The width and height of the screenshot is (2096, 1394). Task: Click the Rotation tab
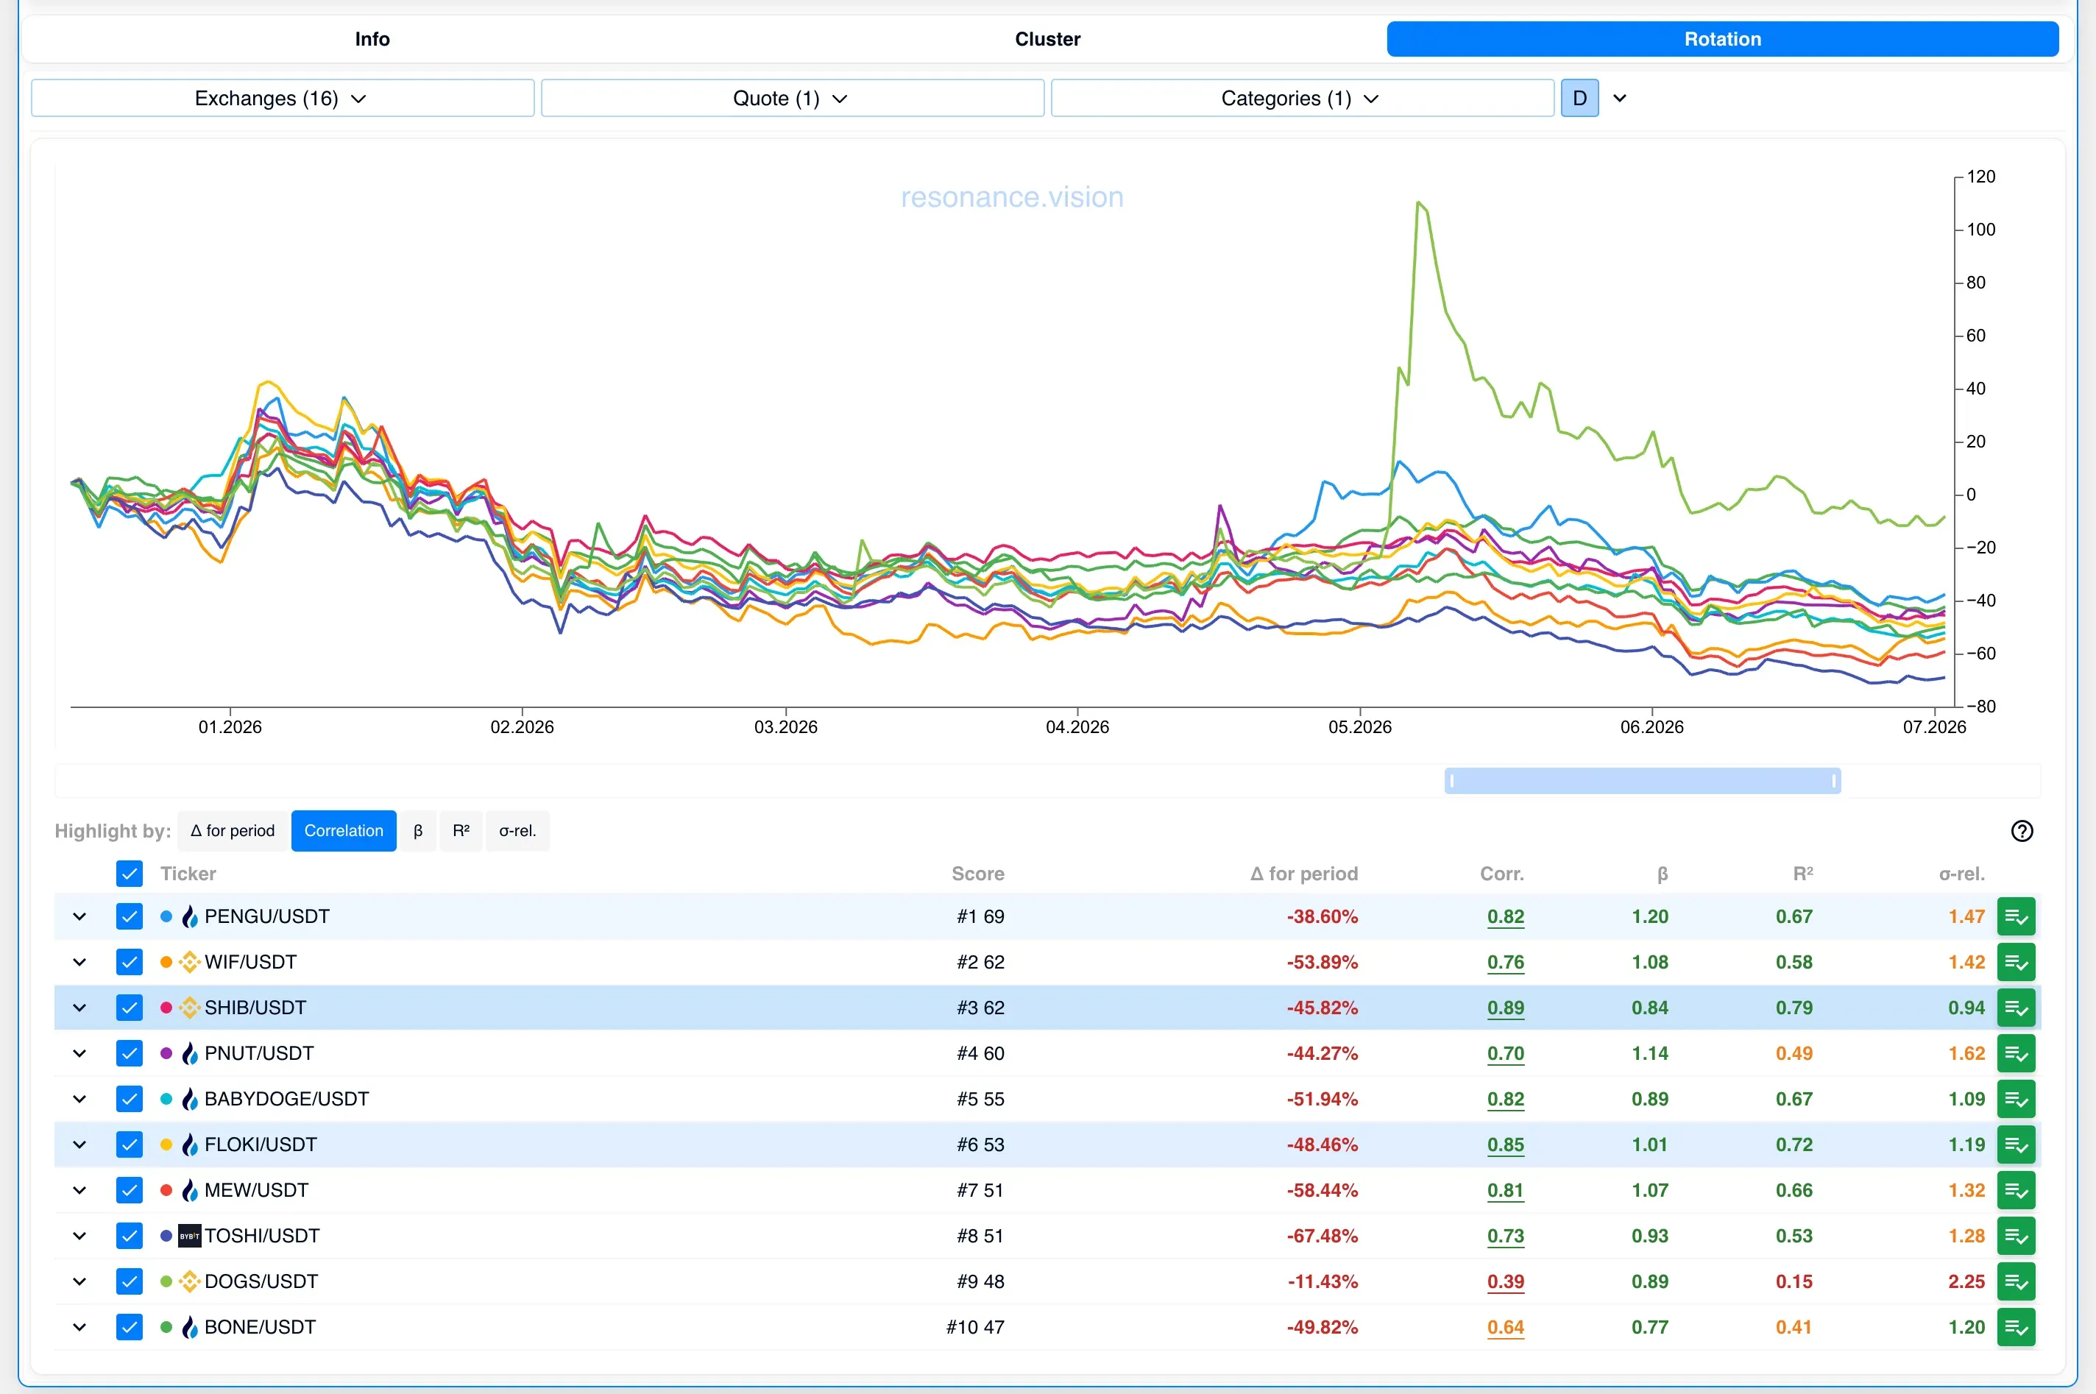tap(1722, 39)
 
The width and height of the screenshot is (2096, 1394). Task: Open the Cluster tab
tap(1047, 39)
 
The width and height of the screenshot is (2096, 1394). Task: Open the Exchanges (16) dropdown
tap(283, 98)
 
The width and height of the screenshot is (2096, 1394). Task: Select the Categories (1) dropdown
tap(1302, 98)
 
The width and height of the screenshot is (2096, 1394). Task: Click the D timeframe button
tap(1579, 98)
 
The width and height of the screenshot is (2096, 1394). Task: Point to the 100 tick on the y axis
tap(1980, 230)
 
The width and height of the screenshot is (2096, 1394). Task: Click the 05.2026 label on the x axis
tap(1360, 726)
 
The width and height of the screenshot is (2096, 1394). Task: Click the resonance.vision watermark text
tap(1011, 197)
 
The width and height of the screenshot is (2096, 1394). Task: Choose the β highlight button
tap(418, 830)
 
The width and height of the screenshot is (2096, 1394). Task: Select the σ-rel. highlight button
tap(517, 830)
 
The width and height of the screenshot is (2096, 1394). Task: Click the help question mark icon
tap(2022, 830)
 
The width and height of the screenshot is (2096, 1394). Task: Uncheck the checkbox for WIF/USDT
tap(130, 962)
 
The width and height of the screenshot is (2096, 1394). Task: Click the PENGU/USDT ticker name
tap(266, 916)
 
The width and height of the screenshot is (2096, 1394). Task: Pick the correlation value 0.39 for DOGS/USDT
tap(1506, 1281)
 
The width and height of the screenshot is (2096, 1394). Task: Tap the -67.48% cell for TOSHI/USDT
tap(1322, 1236)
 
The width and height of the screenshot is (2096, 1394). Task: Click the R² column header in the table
tap(1802, 873)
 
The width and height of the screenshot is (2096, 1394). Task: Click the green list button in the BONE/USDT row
tap(2016, 1327)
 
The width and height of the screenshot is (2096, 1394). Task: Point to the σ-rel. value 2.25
tap(1966, 1281)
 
